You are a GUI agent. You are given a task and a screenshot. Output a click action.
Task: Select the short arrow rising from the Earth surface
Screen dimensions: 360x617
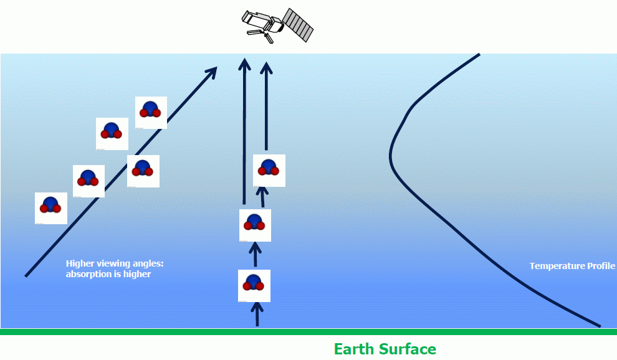click(257, 314)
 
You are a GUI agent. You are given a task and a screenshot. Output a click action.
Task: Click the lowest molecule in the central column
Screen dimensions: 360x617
click(254, 285)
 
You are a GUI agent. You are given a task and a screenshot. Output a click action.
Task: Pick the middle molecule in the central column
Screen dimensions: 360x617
click(255, 225)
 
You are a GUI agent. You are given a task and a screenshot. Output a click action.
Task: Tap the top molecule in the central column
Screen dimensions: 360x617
click(269, 170)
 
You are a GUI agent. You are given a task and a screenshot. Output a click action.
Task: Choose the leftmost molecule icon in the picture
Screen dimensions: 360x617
click(51, 207)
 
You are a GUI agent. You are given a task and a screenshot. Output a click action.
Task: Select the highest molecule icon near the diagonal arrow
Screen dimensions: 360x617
click(151, 112)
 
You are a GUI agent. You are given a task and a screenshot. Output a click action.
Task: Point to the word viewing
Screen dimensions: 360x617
click(117, 263)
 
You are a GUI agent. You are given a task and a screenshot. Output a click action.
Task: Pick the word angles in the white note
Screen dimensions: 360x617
click(150, 263)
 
